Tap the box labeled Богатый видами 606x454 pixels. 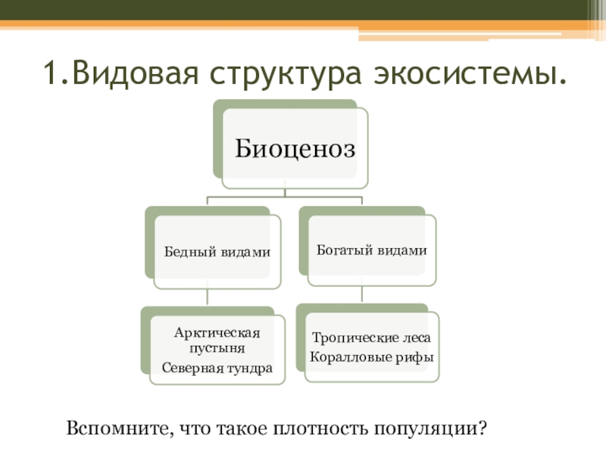click(371, 250)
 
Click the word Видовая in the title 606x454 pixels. click(131, 74)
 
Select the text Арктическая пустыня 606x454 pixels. click(217, 340)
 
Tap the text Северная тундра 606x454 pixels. click(217, 367)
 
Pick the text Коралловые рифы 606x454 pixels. click(372, 355)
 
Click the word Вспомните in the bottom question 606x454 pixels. click(120, 429)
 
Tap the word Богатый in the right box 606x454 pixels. click(344, 250)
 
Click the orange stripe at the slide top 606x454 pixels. click(303, 26)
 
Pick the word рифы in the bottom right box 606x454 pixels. click(417, 355)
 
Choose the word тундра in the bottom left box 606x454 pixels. click(251, 367)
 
